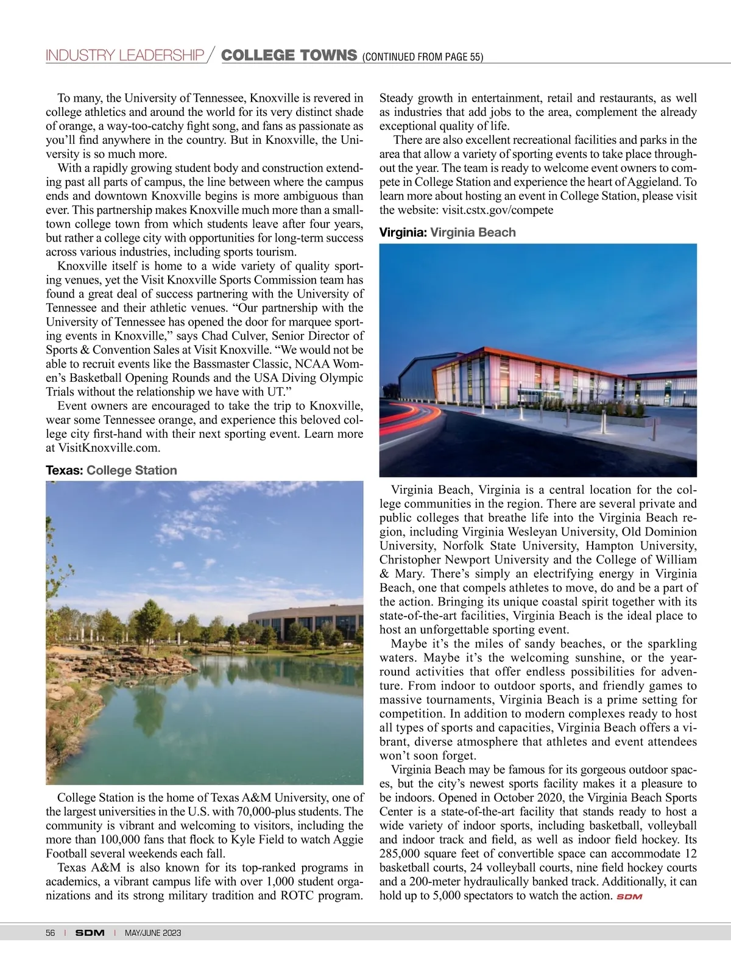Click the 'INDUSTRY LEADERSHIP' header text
pos(125,55)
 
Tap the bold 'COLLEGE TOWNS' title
pos(289,55)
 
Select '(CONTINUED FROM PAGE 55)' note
pos(423,57)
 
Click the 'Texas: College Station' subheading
pos(111,470)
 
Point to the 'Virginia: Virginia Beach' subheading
pos(447,232)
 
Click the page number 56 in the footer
pos(50,933)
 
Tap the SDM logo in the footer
pos(90,933)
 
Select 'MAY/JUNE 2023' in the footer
pos(152,933)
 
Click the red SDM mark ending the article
pos(629,896)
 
